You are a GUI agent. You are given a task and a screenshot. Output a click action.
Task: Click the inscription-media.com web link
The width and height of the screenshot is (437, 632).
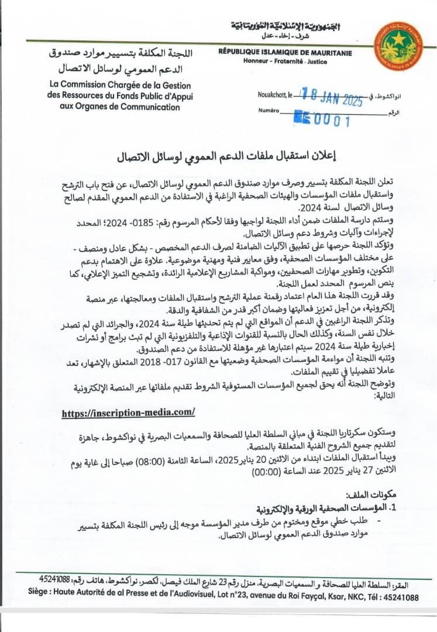(x=128, y=412)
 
